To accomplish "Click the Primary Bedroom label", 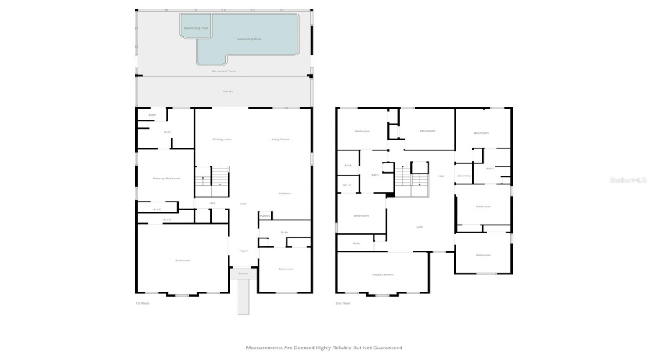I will click(x=166, y=178).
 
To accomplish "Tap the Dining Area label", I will click(x=222, y=139).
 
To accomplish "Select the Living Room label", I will click(x=279, y=139).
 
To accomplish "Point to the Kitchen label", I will click(x=284, y=193).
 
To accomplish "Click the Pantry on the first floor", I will click(x=264, y=215).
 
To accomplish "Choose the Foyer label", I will click(x=243, y=250).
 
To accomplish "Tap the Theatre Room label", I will click(x=382, y=274).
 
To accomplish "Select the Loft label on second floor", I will click(x=419, y=227).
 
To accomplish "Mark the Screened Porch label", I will click(x=224, y=71).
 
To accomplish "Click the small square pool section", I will click(x=195, y=28).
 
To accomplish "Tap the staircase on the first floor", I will click(x=212, y=179).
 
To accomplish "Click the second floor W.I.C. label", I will click(x=347, y=186).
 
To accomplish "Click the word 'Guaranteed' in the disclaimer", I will click(x=385, y=347).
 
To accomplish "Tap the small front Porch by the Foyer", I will click(x=243, y=274).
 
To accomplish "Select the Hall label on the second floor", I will click(x=441, y=175).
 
